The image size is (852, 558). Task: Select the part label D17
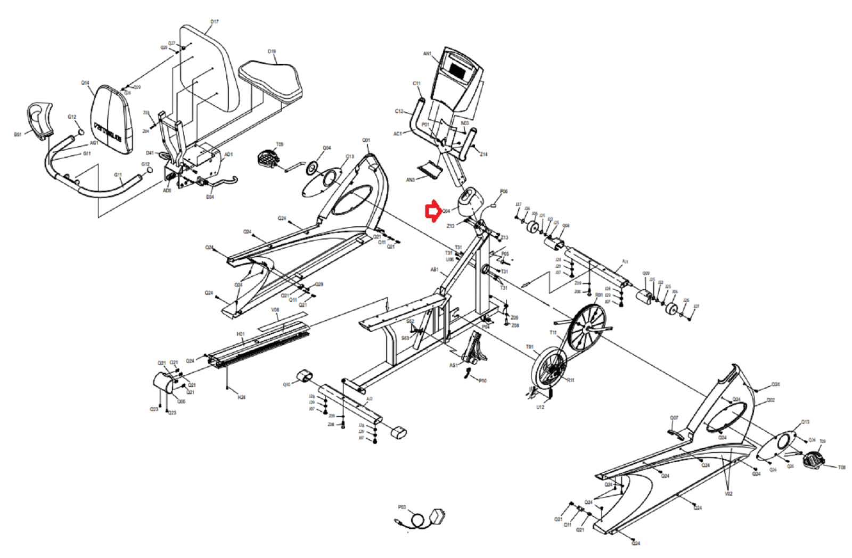(x=214, y=22)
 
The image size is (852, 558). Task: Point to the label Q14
(x=85, y=83)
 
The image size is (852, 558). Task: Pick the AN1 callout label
(x=427, y=54)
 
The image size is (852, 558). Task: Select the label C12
(x=399, y=111)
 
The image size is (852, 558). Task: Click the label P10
(x=482, y=381)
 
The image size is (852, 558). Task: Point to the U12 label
(x=540, y=407)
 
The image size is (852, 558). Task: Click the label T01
(x=529, y=347)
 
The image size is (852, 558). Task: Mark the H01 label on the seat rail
(x=240, y=334)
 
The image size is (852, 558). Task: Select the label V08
(x=275, y=310)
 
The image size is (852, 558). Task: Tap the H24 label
(x=241, y=397)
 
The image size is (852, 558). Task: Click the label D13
(x=805, y=422)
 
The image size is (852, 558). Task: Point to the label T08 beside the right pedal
(x=841, y=467)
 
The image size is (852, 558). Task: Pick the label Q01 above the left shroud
(x=366, y=141)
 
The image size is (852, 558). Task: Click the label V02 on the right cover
(x=728, y=494)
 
